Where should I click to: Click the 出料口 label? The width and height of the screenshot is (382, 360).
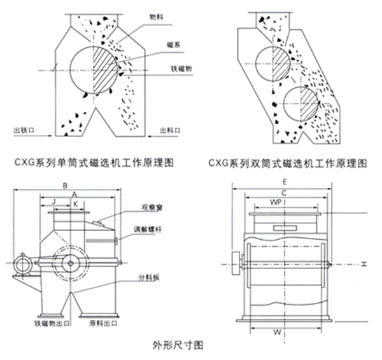coord(169,130)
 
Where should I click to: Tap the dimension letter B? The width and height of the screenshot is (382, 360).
coord(65,186)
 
